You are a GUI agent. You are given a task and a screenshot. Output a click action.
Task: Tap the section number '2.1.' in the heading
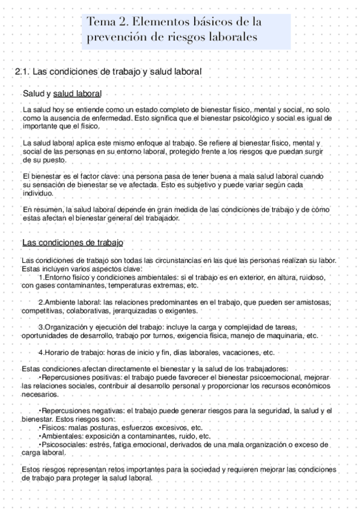22,72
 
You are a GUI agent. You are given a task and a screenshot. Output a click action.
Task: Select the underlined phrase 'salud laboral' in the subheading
77,94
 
